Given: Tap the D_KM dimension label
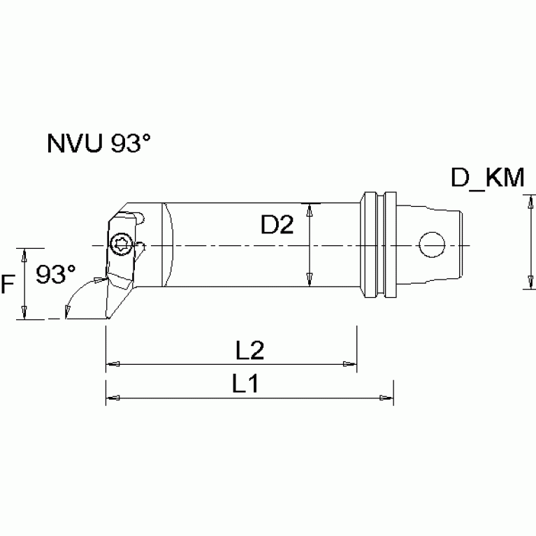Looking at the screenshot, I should click(x=488, y=179).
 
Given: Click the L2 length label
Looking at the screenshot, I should click(x=249, y=351).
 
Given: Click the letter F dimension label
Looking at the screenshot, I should click(x=9, y=284).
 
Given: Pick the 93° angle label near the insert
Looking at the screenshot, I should click(x=56, y=274).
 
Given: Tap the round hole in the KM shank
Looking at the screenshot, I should click(x=432, y=244).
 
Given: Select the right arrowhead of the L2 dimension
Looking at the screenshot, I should click(x=349, y=363).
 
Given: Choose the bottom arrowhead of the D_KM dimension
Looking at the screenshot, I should click(x=524, y=284).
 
